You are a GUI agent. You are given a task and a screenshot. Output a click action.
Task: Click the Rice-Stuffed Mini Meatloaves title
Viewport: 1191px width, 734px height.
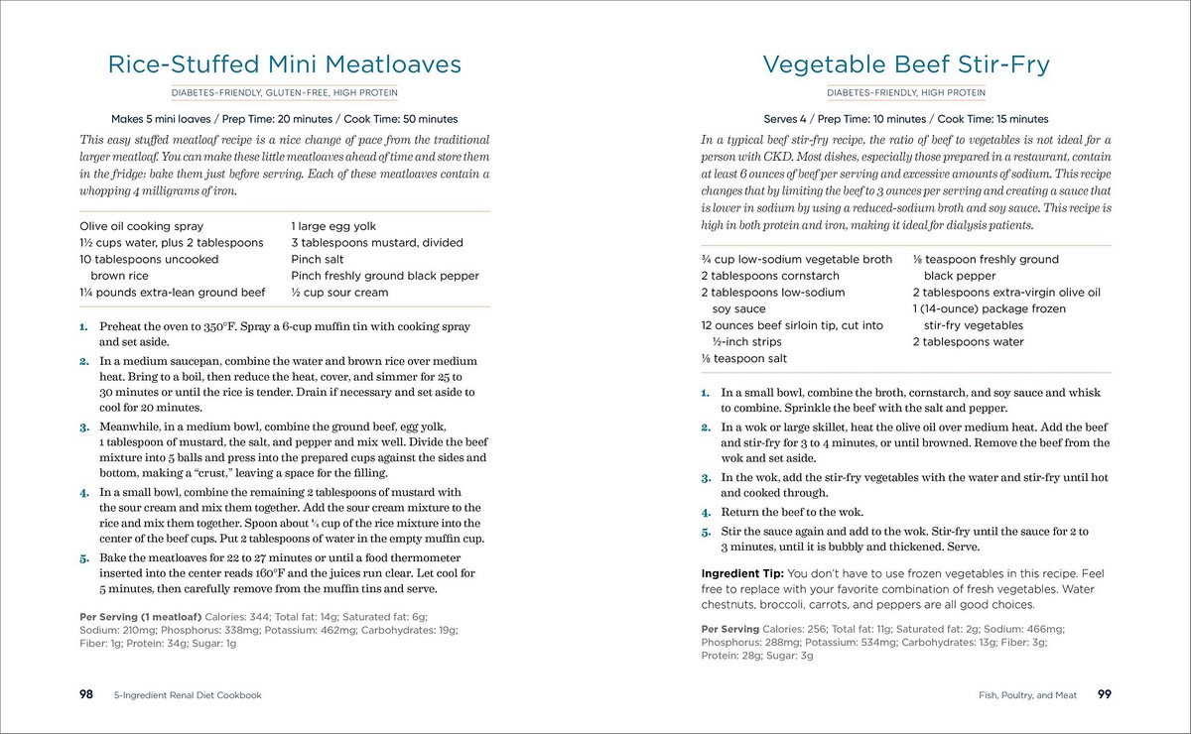pos(284,65)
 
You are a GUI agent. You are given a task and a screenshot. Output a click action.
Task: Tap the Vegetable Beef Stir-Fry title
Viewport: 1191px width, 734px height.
pos(905,65)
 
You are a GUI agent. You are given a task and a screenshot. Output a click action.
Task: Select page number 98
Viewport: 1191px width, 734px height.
pos(86,694)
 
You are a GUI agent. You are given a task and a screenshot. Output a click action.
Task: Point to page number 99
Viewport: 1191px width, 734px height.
pos(1104,694)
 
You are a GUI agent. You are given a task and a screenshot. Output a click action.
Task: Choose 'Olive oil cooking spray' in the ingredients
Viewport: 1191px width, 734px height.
pos(141,226)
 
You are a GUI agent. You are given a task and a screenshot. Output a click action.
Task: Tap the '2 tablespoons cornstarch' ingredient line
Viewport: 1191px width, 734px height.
pos(770,276)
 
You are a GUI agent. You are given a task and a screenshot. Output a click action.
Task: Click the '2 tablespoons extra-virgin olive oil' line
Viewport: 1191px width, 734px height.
pos(1006,293)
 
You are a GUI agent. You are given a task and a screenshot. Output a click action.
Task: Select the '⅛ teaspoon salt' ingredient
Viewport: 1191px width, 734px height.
pos(744,358)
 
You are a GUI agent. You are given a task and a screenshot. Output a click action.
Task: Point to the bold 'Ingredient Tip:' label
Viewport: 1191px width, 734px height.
pos(742,573)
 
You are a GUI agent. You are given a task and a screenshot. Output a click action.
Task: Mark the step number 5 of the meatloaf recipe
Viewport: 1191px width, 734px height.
pos(84,558)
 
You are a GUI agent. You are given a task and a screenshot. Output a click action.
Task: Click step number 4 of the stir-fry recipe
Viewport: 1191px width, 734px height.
pos(706,513)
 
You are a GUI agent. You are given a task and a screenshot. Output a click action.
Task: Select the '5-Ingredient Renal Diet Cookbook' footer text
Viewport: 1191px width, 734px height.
pos(188,695)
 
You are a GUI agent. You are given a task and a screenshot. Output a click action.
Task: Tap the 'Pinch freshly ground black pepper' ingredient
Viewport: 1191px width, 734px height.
pos(385,276)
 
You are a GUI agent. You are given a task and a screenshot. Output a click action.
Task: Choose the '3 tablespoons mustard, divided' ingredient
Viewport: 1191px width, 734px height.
pos(377,243)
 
